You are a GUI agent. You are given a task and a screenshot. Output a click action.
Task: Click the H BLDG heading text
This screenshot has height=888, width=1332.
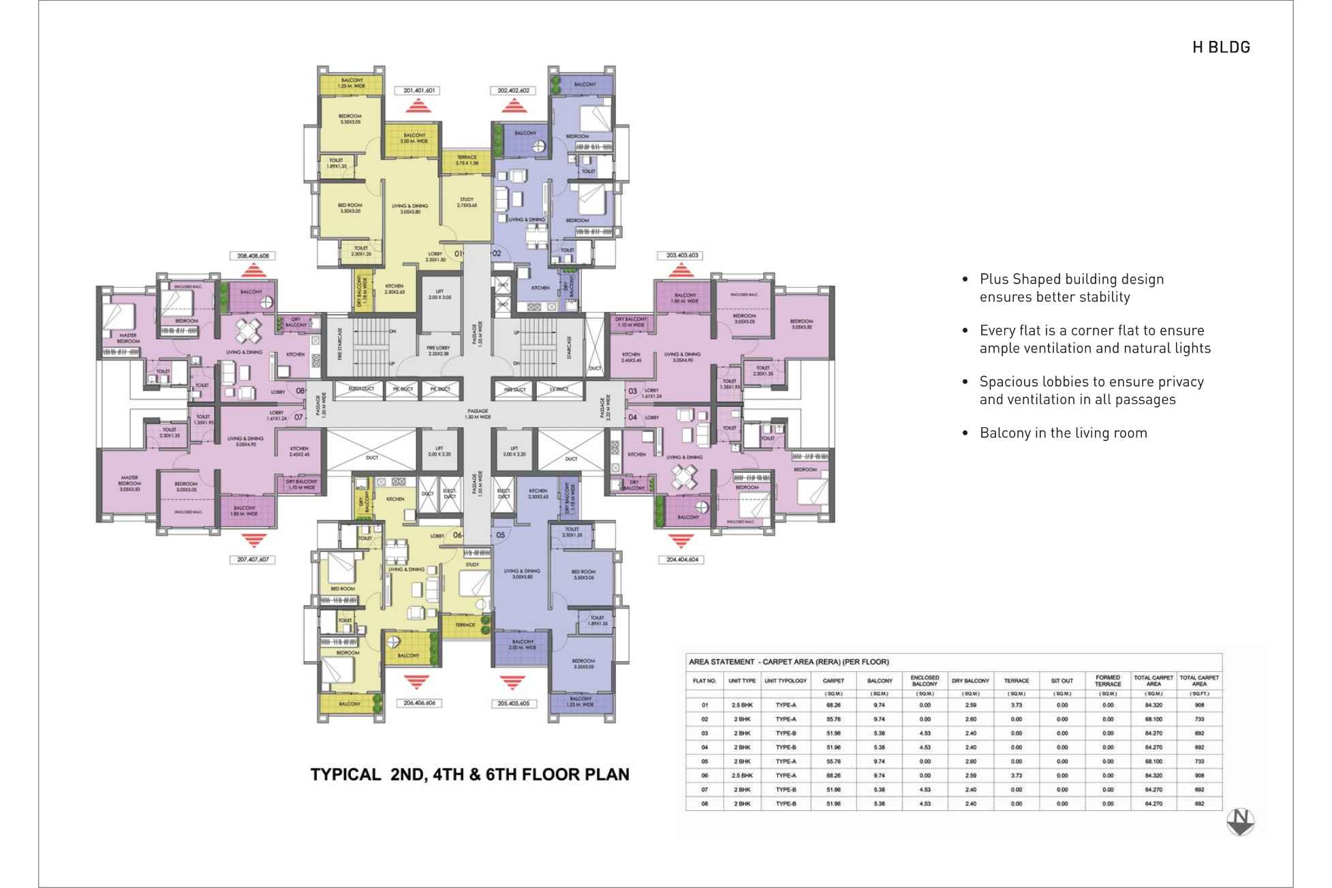tap(1220, 48)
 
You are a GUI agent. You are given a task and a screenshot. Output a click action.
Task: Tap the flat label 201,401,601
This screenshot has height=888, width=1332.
tap(418, 90)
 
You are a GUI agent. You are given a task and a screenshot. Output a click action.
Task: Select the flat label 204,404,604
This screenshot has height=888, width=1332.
tap(680, 560)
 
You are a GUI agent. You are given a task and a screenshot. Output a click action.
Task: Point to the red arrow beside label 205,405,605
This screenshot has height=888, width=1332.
tap(512, 682)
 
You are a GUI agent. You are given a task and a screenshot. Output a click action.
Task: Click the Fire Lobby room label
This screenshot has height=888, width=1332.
tap(439, 350)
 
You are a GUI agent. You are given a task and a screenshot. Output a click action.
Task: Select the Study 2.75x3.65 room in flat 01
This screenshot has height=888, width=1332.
tap(467, 202)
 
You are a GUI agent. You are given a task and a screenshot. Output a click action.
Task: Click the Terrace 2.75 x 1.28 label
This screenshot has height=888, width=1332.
tap(467, 160)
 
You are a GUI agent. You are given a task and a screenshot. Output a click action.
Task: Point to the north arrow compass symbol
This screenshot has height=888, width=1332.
tap(1240, 821)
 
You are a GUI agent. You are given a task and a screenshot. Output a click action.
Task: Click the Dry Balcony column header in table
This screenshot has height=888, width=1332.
tap(970, 680)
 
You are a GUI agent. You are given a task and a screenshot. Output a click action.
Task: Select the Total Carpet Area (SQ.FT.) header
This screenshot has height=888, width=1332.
tap(1199, 680)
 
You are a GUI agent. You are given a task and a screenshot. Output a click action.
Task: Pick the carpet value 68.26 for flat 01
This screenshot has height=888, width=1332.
tap(833, 705)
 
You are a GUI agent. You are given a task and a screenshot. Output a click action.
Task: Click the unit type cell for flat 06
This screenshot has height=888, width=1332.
tap(742, 776)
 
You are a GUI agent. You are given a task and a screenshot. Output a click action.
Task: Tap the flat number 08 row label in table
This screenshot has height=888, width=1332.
tap(704, 804)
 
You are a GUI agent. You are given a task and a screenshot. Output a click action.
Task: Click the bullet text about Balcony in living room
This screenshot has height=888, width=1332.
tap(1063, 433)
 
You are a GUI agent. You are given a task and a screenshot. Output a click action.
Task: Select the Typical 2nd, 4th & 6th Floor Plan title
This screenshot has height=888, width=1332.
tap(469, 774)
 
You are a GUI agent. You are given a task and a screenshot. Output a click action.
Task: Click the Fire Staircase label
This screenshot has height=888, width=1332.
tap(339, 344)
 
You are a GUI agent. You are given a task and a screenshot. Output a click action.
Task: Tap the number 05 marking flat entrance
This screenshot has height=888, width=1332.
tap(501, 535)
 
